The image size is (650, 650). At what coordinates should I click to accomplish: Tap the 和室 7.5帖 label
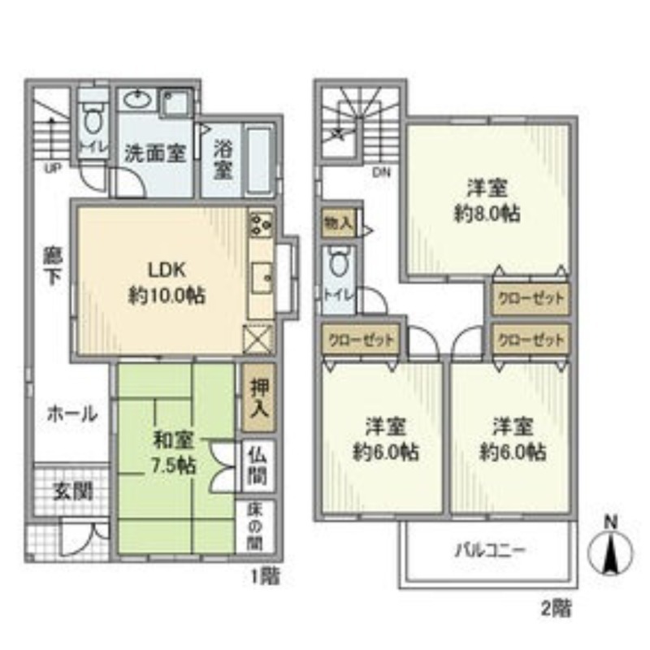click(x=174, y=453)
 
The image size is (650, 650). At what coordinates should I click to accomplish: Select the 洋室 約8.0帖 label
click(x=487, y=201)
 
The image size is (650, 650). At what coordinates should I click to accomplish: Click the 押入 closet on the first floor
click(x=259, y=398)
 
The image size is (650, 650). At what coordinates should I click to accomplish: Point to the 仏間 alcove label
click(x=258, y=467)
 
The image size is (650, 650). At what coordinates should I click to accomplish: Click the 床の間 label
click(x=255, y=526)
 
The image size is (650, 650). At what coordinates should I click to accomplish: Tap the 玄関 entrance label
click(x=72, y=492)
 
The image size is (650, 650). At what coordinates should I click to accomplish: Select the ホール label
click(x=72, y=414)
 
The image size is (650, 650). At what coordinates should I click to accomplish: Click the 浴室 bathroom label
click(x=223, y=159)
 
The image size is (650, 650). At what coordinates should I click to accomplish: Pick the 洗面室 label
click(x=155, y=154)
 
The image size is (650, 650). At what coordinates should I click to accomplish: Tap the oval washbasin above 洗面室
click(x=138, y=99)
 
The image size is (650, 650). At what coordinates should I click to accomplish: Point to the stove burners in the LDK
click(x=261, y=224)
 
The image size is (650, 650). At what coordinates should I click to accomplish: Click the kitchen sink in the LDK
click(x=262, y=278)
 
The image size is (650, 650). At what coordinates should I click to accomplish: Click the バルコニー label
click(x=491, y=551)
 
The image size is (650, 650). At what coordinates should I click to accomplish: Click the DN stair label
click(x=381, y=173)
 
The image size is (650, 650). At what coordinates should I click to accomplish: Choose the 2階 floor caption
click(x=557, y=609)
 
